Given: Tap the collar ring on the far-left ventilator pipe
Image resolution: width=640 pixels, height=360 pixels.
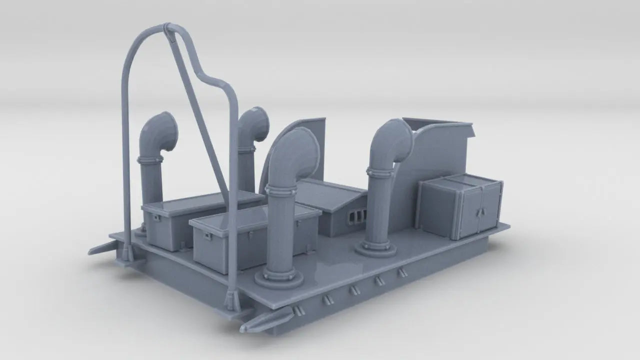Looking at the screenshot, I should click(x=150, y=160).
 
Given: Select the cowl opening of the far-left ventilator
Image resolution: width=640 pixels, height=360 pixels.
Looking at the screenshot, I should click(x=169, y=131).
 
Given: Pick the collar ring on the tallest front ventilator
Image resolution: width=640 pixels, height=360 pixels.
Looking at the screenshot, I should click(x=280, y=190).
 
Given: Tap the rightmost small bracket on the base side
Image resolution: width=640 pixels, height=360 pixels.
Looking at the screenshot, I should click(x=401, y=272).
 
